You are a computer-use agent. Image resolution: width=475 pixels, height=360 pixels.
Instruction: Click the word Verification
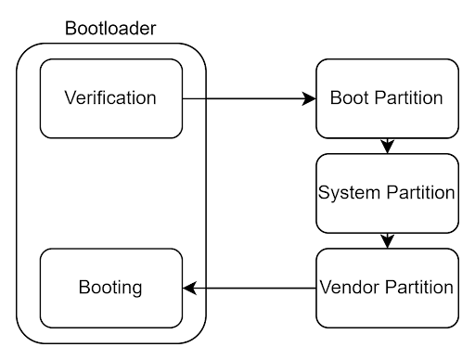[x=110, y=98]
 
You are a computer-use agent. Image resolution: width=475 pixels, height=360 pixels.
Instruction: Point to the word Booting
[x=110, y=288]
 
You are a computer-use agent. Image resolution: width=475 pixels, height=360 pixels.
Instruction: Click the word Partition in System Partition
[x=417, y=193]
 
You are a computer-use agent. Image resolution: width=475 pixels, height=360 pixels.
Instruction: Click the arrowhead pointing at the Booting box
[x=189, y=288]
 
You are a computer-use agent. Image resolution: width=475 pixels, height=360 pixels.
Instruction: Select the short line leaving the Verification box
[x=194, y=97]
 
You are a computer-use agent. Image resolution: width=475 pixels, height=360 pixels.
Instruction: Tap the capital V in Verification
[x=69, y=98]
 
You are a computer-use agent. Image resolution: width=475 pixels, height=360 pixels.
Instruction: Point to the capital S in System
[x=324, y=193]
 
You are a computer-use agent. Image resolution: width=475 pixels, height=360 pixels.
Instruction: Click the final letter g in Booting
[x=137, y=289]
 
